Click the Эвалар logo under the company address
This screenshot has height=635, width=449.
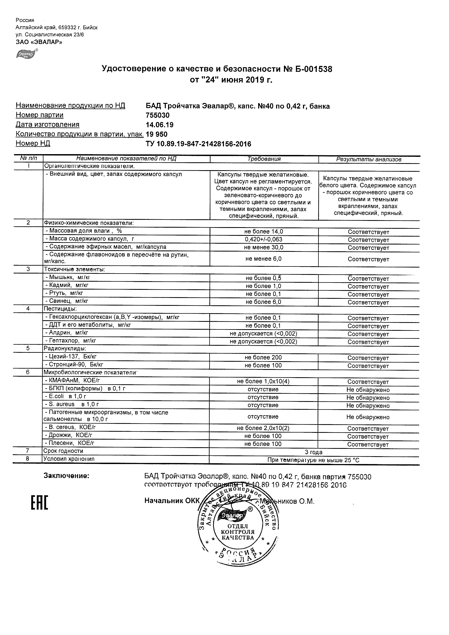(x=27, y=54)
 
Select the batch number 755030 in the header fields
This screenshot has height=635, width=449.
(x=158, y=115)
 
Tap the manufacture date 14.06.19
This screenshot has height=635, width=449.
(x=160, y=125)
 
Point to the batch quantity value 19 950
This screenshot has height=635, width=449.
(x=157, y=134)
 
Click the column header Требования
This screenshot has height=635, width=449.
(x=264, y=159)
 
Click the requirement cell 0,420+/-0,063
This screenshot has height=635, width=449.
(x=264, y=239)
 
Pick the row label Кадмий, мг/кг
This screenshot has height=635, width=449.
(x=67, y=285)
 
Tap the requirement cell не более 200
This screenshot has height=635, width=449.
(x=263, y=357)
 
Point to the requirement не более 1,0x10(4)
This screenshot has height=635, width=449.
(x=263, y=381)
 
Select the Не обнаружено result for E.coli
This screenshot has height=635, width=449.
(x=368, y=398)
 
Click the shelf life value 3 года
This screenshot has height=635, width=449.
(x=314, y=452)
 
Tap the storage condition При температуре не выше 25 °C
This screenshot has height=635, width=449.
(x=314, y=460)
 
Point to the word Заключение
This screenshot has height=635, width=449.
(x=67, y=476)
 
